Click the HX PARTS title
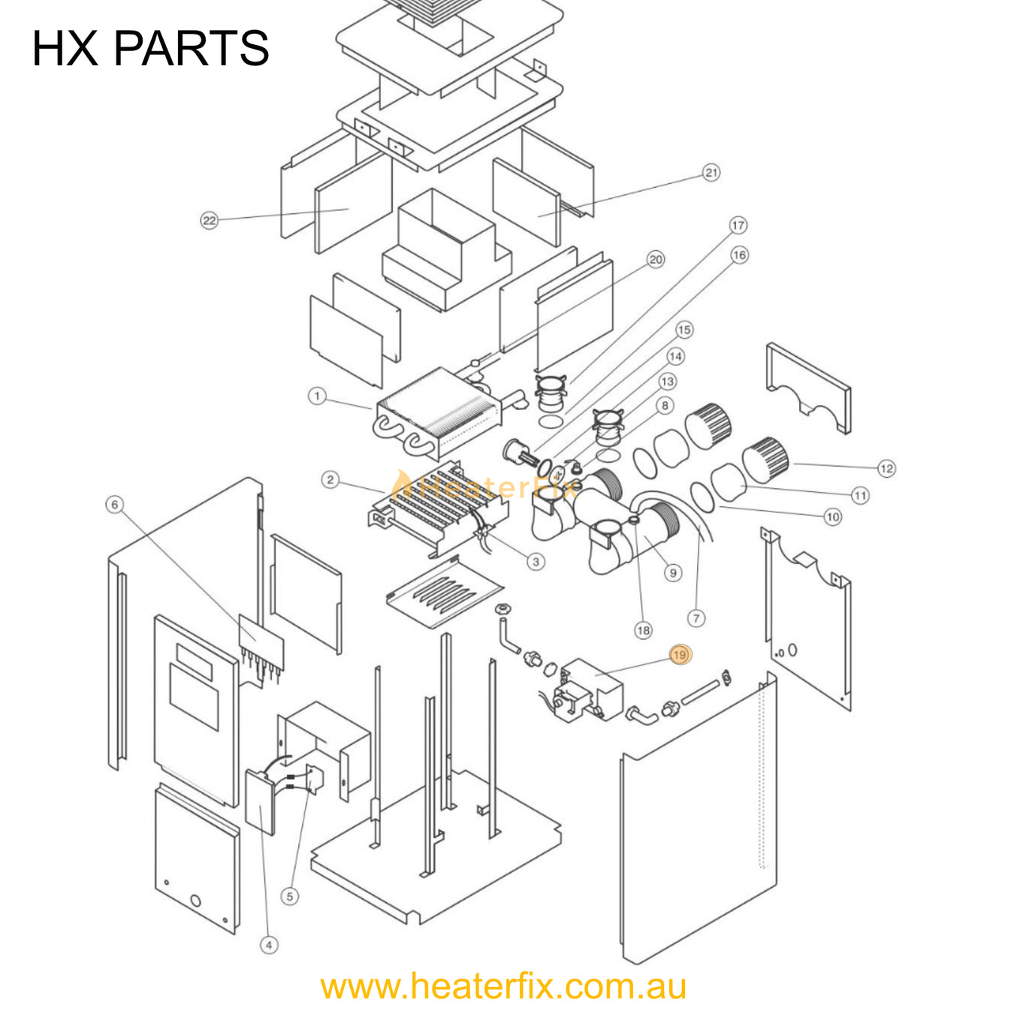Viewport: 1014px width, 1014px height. [150, 48]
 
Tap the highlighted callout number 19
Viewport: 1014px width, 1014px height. [680, 655]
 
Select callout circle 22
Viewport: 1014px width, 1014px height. [209, 220]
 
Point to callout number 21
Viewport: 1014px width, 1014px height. [711, 173]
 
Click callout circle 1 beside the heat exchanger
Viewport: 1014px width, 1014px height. [317, 396]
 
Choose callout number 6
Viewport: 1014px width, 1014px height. [114, 505]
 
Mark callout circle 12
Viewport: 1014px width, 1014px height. [886, 469]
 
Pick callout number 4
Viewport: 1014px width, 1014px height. [269, 945]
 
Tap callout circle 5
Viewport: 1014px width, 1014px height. [289, 896]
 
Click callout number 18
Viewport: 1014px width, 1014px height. [643, 630]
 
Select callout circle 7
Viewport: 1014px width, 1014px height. [696, 618]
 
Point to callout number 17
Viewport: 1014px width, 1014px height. [738, 225]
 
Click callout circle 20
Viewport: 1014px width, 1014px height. [656, 260]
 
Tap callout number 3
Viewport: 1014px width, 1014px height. [536, 561]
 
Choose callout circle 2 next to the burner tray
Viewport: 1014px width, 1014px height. [330, 480]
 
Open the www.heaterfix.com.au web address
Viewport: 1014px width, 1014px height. [503, 986]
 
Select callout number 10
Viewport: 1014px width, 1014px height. [832, 517]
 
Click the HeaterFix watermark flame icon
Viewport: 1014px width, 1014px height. [403, 483]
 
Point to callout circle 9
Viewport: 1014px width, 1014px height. [672, 573]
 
